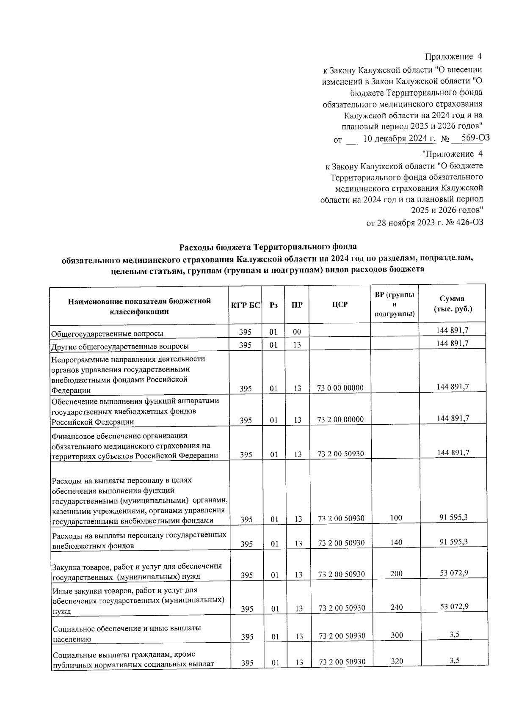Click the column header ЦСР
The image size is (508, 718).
coord(340,304)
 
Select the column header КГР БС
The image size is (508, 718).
coord(245,305)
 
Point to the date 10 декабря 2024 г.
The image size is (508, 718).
coord(393,138)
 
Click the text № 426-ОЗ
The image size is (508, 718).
coord(464,222)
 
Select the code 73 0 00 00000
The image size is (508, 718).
coord(340,388)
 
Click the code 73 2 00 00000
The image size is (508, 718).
coord(340,420)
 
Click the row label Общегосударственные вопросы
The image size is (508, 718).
coord(107,334)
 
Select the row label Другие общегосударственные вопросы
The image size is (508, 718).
coord(120,347)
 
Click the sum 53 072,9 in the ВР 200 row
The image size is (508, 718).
coord(453,573)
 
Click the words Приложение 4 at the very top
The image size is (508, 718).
coord(453,56)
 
